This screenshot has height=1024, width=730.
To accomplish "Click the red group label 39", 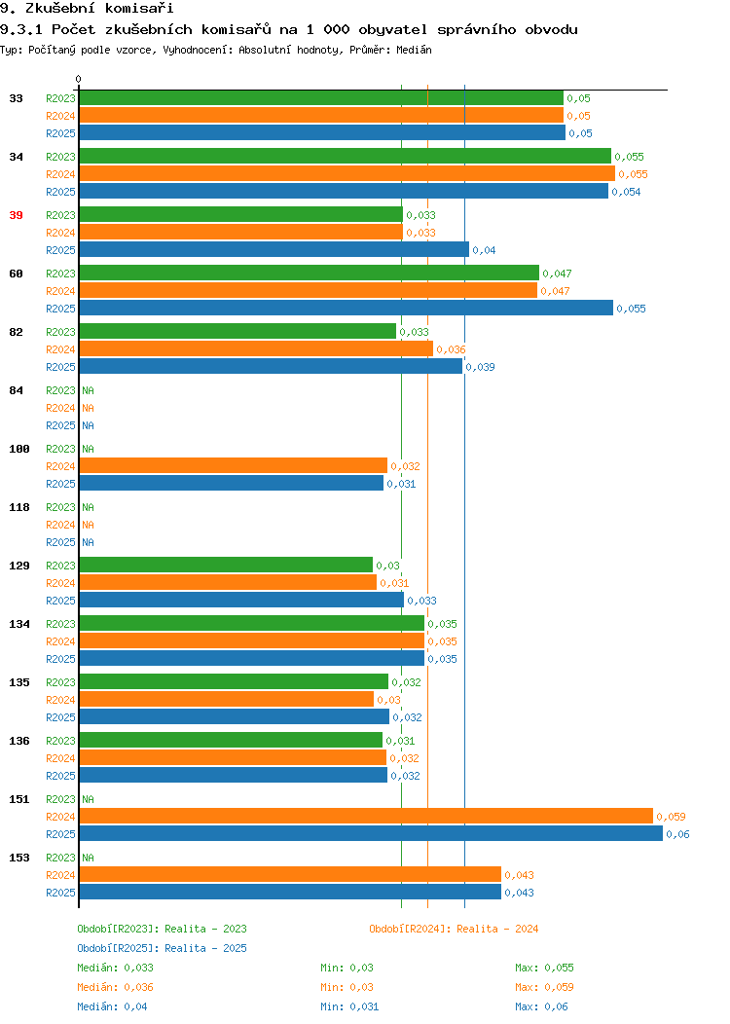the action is click(x=17, y=215).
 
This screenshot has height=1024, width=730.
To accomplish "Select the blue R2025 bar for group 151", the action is click(x=371, y=834).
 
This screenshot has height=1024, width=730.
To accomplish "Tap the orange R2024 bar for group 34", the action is click(x=347, y=173).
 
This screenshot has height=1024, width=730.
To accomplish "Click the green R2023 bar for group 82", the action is click(x=237, y=332).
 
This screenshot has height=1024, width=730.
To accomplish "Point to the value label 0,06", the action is click(x=677, y=834).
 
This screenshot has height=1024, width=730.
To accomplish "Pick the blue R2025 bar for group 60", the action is click(x=347, y=309).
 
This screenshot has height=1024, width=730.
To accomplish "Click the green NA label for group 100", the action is click(x=89, y=449).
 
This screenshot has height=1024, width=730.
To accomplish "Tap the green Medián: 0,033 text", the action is click(x=116, y=968).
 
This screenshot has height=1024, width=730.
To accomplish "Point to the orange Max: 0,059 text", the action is click(x=544, y=987).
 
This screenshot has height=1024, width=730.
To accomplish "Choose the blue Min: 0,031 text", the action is click(x=349, y=1007).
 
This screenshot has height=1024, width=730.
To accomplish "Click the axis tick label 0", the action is click(x=79, y=79).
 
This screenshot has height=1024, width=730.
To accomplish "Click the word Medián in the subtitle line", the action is click(x=414, y=50).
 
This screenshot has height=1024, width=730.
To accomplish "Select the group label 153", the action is click(x=19, y=858).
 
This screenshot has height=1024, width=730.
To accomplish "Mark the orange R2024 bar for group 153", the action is click(x=291, y=874).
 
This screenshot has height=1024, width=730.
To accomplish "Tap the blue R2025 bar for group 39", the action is click(x=274, y=249).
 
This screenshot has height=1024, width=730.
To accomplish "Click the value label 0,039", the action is click(x=481, y=367).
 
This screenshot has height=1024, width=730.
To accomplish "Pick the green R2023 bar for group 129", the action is click(x=226, y=565).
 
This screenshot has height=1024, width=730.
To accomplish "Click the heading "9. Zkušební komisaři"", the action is click(x=87, y=9).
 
